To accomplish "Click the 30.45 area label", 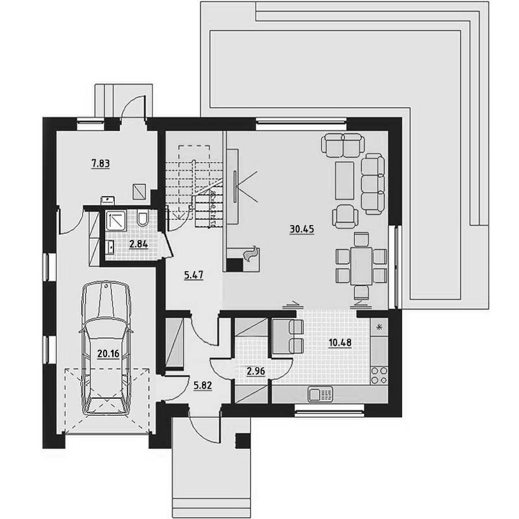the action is click(302, 229).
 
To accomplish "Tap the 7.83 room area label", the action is click(101, 163).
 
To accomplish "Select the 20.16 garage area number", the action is click(108, 354).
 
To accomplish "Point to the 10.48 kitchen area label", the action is click(340, 343).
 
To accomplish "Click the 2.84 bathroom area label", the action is click(139, 245).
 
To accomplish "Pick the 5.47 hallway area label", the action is click(193, 275).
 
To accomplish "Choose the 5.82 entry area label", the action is click(202, 385).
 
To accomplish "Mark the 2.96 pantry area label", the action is click(256, 371).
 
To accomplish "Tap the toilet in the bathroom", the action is click(143, 218).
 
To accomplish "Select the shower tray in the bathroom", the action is click(116, 221).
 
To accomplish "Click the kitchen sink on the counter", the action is click(320, 394).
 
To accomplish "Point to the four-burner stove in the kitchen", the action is click(379, 375).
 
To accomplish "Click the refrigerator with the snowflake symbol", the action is click(379, 328).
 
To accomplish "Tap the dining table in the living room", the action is click(361, 266).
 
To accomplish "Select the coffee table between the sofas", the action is click(344, 180).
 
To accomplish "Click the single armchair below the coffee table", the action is click(345, 216).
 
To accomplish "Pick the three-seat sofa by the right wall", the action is click(372, 184).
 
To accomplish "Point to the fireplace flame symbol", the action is click(250, 254).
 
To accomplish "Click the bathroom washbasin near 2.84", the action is click(110, 248).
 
